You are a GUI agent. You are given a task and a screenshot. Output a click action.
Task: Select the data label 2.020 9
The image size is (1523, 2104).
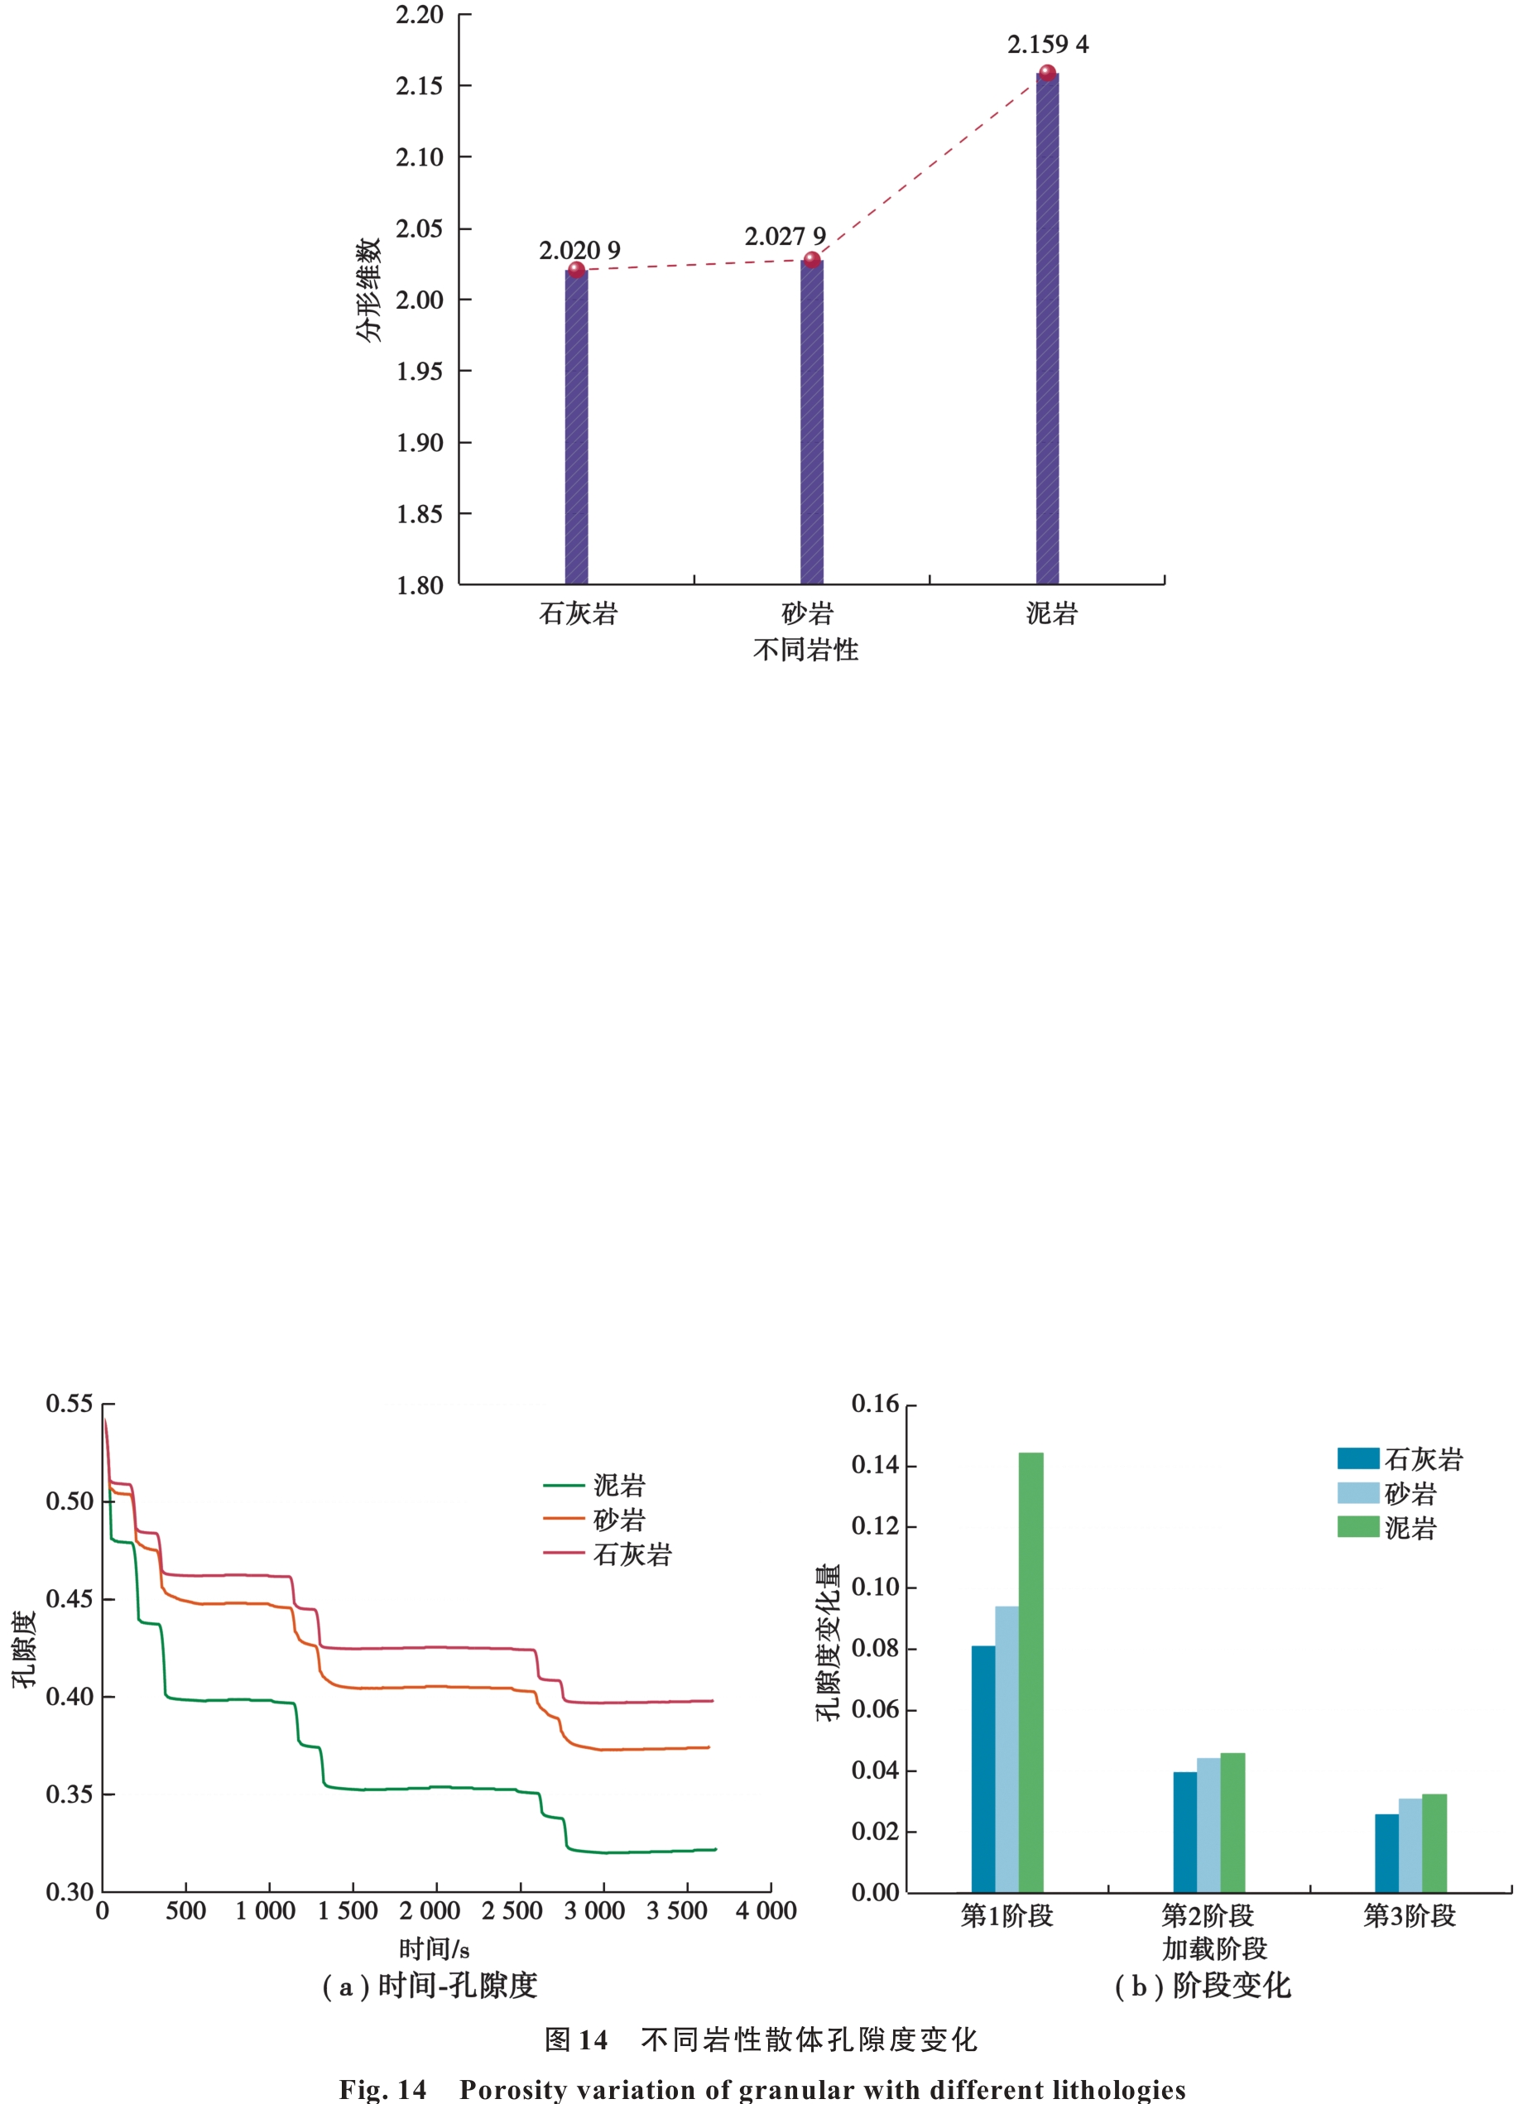tap(579, 251)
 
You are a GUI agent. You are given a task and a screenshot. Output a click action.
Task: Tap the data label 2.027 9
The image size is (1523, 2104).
tap(785, 237)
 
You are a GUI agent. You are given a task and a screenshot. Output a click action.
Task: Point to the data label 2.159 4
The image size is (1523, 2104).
tap(1048, 45)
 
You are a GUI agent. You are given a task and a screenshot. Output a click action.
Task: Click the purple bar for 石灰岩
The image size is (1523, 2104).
tap(576, 427)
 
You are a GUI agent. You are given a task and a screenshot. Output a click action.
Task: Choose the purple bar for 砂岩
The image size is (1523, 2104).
tap(812, 422)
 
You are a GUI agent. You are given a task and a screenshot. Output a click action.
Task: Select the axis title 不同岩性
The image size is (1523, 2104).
tap(805, 650)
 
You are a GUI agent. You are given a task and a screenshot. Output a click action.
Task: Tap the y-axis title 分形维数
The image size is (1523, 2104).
tap(368, 290)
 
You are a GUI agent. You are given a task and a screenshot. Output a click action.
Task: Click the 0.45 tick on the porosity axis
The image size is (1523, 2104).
tap(70, 1598)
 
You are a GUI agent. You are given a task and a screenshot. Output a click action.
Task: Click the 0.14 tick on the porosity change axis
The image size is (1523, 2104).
tap(875, 1466)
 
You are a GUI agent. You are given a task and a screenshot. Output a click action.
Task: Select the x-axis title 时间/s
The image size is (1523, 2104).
tap(434, 1949)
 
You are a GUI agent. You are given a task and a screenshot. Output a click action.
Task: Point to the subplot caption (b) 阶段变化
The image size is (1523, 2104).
tap(1202, 1986)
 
